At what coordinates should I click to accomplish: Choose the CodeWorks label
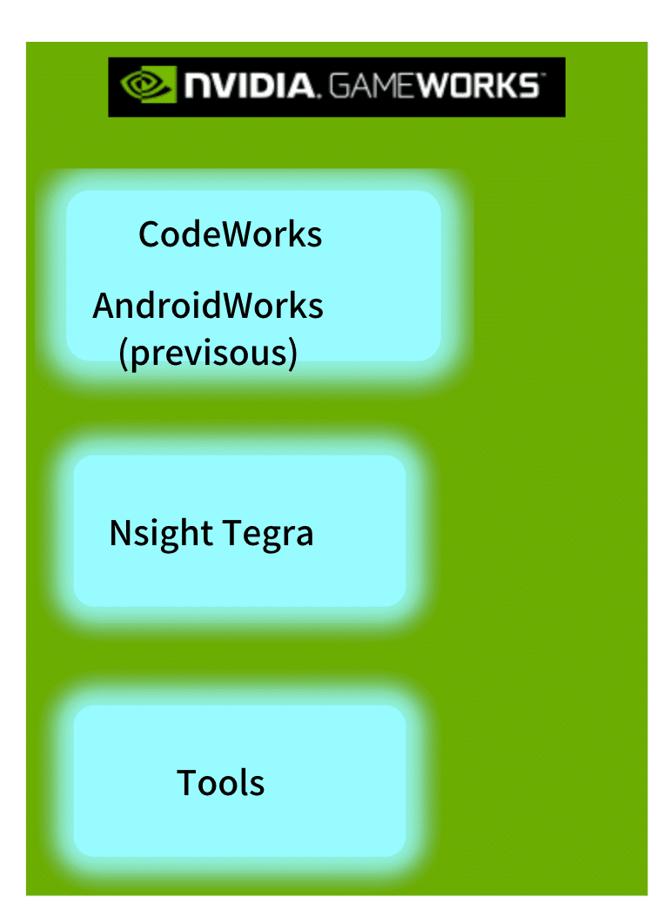tap(231, 234)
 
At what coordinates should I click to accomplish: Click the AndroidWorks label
tap(208, 306)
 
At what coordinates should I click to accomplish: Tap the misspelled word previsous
tap(209, 353)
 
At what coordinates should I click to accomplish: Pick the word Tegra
tap(269, 533)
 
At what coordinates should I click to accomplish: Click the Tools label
tap(221, 782)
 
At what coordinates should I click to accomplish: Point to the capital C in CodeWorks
tap(150, 234)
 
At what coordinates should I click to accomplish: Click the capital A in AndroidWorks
tap(104, 306)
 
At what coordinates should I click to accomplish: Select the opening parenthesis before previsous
tap(123, 354)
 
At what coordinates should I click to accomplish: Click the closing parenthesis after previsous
tap(293, 354)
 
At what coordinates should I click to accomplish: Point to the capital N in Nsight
tap(120, 532)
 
